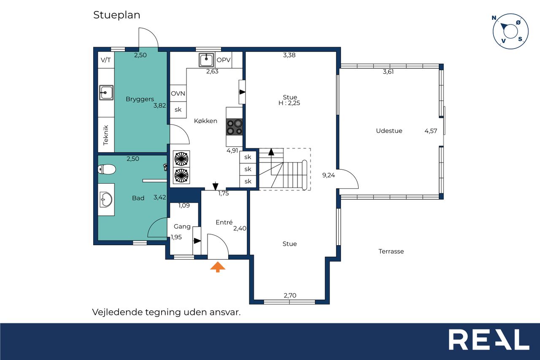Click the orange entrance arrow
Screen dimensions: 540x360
point(218,267)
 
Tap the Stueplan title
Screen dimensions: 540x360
point(117,15)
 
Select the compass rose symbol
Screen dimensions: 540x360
point(510,31)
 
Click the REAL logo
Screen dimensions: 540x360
point(489,339)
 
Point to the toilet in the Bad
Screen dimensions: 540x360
point(107,169)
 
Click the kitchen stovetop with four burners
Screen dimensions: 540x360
point(234,127)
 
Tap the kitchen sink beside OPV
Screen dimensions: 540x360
point(206,60)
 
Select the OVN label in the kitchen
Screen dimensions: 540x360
point(178,94)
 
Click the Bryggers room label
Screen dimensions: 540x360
point(140,99)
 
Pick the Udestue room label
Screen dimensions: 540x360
point(389,131)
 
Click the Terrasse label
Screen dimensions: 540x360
point(391,251)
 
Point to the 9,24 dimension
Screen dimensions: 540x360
point(329,175)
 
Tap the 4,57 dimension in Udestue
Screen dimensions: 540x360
point(431,131)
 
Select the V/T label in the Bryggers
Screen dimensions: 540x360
point(106,60)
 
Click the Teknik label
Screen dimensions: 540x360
point(105,135)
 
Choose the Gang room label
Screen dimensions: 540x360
point(182,227)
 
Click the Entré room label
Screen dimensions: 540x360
point(224,222)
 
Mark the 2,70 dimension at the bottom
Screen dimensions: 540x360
point(290,295)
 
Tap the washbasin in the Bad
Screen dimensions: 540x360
point(106,199)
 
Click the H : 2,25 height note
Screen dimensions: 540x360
point(289,103)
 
